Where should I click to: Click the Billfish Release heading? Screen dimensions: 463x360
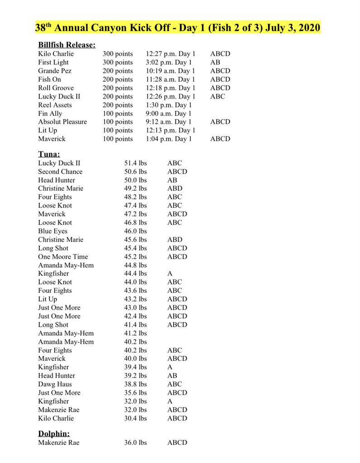coord(66,45)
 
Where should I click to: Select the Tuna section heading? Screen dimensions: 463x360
coord(49,154)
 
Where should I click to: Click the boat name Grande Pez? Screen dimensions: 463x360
coord(55,71)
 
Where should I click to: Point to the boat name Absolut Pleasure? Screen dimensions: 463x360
coord(62,122)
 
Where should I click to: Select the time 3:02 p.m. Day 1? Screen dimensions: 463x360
coord(169,62)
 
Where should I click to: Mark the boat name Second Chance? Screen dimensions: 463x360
coord(60,172)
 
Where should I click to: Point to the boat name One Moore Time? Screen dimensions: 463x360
coord(63,257)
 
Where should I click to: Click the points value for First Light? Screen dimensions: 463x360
coord(118,62)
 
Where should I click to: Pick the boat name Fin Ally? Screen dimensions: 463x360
coord(50,113)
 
